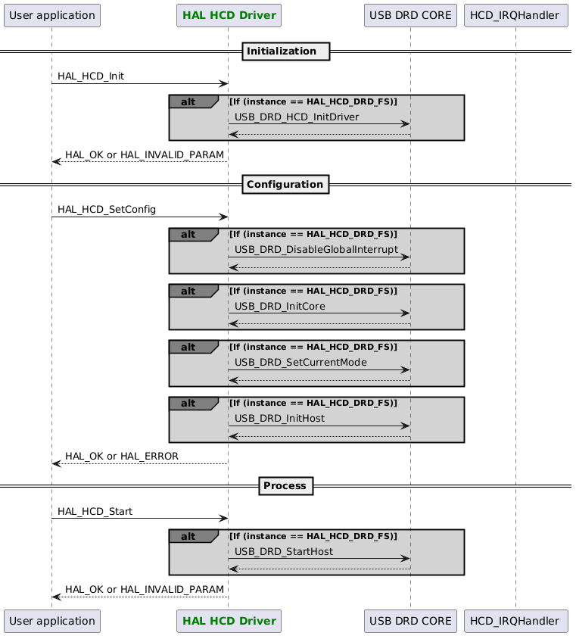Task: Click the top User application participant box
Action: (51, 14)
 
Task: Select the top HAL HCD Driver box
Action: (228, 14)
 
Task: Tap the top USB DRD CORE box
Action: (410, 14)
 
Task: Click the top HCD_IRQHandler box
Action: (515, 14)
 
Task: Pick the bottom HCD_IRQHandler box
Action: (515, 621)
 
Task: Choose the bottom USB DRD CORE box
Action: (410, 621)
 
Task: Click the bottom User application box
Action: (51, 621)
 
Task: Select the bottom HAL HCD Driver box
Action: (228, 621)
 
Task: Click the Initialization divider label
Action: (285, 51)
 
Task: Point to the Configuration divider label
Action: (285, 184)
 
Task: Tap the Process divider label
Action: (285, 485)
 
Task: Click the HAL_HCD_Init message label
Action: (91, 76)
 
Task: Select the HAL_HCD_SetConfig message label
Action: (102, 209)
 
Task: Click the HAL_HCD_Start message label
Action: (95, 511)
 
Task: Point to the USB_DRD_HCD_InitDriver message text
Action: (297, 117)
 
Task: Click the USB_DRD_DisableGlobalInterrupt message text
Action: (316, 250)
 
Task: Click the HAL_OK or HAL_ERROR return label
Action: (122, 457)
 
